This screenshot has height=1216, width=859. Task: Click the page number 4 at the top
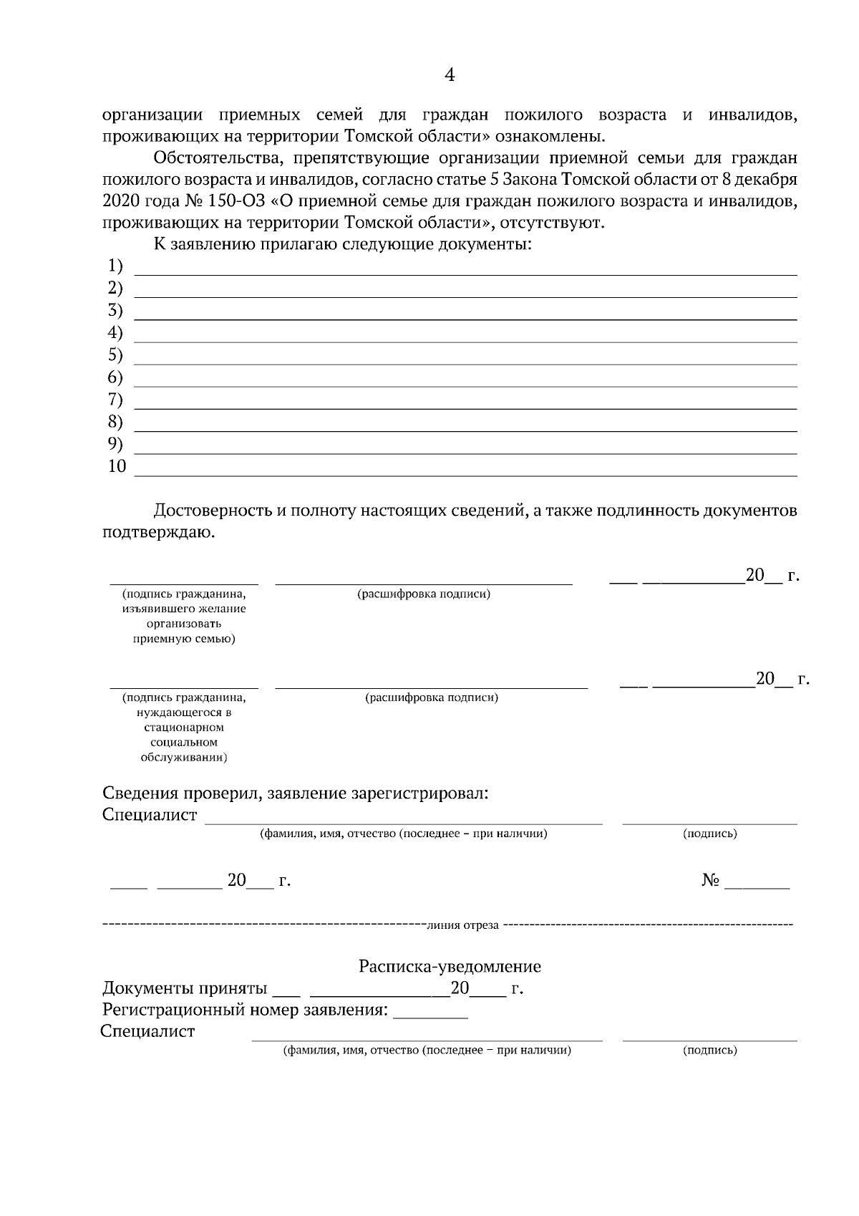[450, 75]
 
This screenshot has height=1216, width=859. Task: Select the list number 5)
[115, 355]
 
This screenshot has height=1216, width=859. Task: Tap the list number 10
[117, 466]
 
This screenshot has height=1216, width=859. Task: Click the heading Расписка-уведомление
[450, 967]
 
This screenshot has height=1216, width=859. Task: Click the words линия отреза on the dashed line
[462, 925]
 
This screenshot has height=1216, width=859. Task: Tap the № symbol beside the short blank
[709, 881]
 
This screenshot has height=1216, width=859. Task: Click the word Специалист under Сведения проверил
[150, 815]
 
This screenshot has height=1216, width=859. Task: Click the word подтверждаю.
[158, 532]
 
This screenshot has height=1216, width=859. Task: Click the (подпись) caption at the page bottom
[709, 1051]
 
